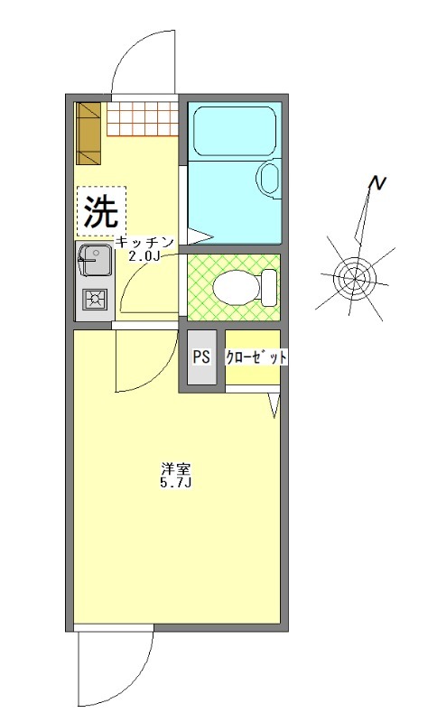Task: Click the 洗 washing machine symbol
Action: pyautogui.click(x=101, y=211)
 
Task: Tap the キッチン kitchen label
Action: pyautogui.click(x=144, y=242)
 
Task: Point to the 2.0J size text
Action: pyautogui.click(x=144, y=255)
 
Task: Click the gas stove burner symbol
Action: pyautogui.click(x=93, y=298)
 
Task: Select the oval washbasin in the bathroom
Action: pyautogui.click(x=269, y=178)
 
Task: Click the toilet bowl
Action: pyautogui.click(x=232, y=288)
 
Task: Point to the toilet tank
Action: pyautogui.click(x=269, y=287)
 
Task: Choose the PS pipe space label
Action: pyautogui.click(x=201, y=356)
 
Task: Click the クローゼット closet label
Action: pyautogui.click(x=256, y=357)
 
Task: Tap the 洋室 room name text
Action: pyautogui.click(x=175, y=469)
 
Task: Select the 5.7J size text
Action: pyautogui.click(x=175, y=484)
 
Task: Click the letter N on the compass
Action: pyautogui.click(x=377, y=185)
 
